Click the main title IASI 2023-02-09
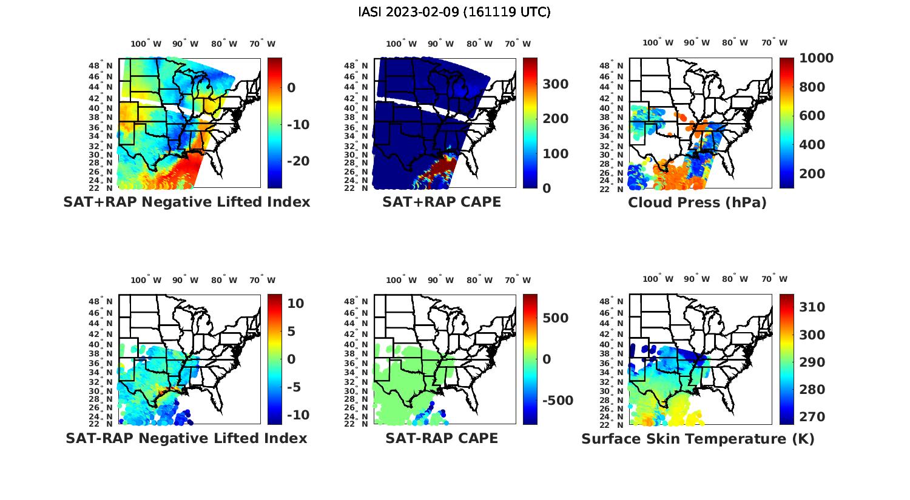pyautogui.click(x=454, y=12)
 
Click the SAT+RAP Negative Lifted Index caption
pyautogui.click(x=186, y=202)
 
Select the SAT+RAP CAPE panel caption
pyautogui.click(x=442, y=202)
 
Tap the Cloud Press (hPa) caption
pyautogui.click(x=697, y=202)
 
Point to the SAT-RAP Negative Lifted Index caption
pyautogui.click(x=186, y=438)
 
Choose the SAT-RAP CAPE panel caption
pyautogui.click(x=442, y=438)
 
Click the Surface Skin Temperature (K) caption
pyautogui.click(x=698, y=439)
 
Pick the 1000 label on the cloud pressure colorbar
pyautogui.click(x=816, y=58)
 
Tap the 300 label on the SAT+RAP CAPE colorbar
pyautogui.click(x=556, y=84)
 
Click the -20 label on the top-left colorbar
pyautogui.click(x=298, y=161)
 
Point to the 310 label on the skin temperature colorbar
pyautogui.click(x=812, y=307)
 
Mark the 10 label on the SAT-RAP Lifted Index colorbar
pyautogui.click(x=295, y=303)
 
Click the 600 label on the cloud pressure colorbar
pyautogui.click(x=812, y=116)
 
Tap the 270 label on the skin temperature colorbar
pyautogui.click(x=812, y=417)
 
